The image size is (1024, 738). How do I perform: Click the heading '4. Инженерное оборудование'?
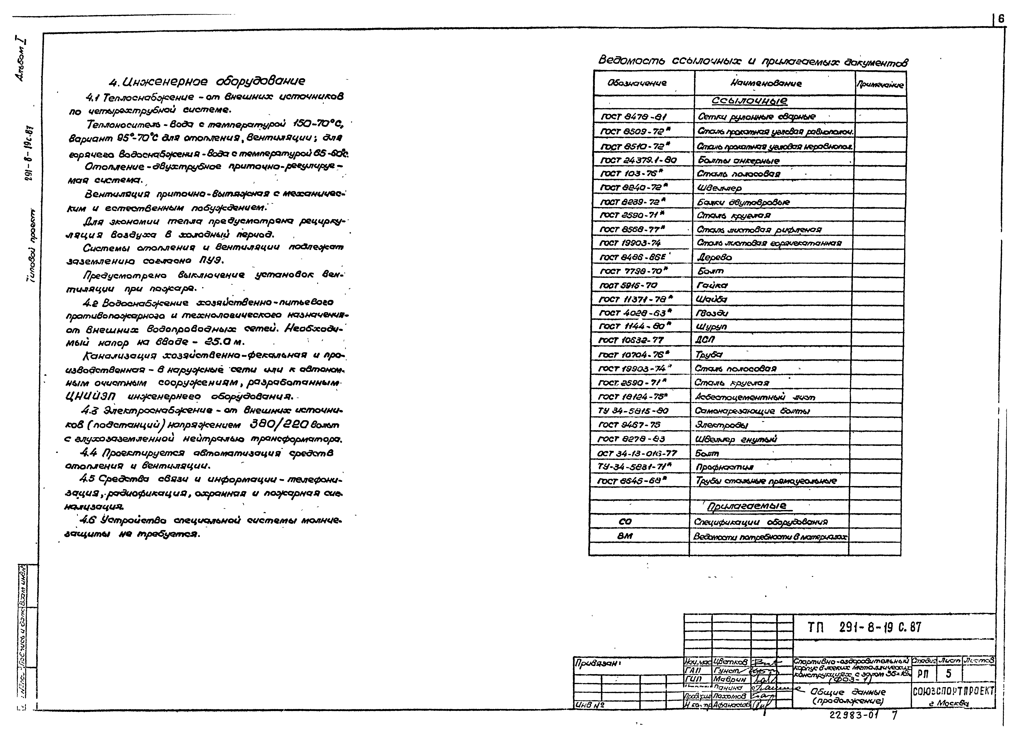tap(207, 81)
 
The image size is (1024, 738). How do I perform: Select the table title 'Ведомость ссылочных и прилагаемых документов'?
tap(753, 62)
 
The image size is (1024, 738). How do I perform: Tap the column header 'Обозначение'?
tap(637, 83)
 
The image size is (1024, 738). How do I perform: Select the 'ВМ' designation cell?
tap(625, 536)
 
